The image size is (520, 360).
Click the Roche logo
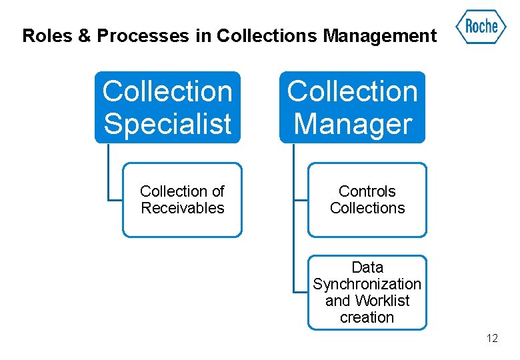pyautogui.click(x=481, y=27)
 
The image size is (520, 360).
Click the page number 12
pyautogui.click(x=492, y=339)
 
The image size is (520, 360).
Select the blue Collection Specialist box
pyautogui.click(x=167, y=107)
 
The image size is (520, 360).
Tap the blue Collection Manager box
pyautogui.click(x=352, y=107)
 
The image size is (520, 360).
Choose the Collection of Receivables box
pyautogui.click(x=182, y=200)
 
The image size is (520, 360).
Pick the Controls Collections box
pyautogui.click(x=367, y=200)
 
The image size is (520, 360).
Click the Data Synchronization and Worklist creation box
pyautogui.click(x=367, y=293)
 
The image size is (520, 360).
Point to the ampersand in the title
pyautogui.click(x=85, y=36)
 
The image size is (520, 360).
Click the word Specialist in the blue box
pyautogui.click(x=167, y=124)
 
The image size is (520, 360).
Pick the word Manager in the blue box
pyautogui.click(x=352, y=124)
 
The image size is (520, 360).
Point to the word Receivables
pyautogui.click(x=182, y=209)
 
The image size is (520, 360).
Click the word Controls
pyautogui.click(x=367, y=192)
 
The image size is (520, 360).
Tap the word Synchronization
pyautogui.click(x=367, y=285)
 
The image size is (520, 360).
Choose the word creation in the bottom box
pyautogui.click(x=367, y=318)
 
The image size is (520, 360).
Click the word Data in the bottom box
pyautogui.click(x=367, y=268)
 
